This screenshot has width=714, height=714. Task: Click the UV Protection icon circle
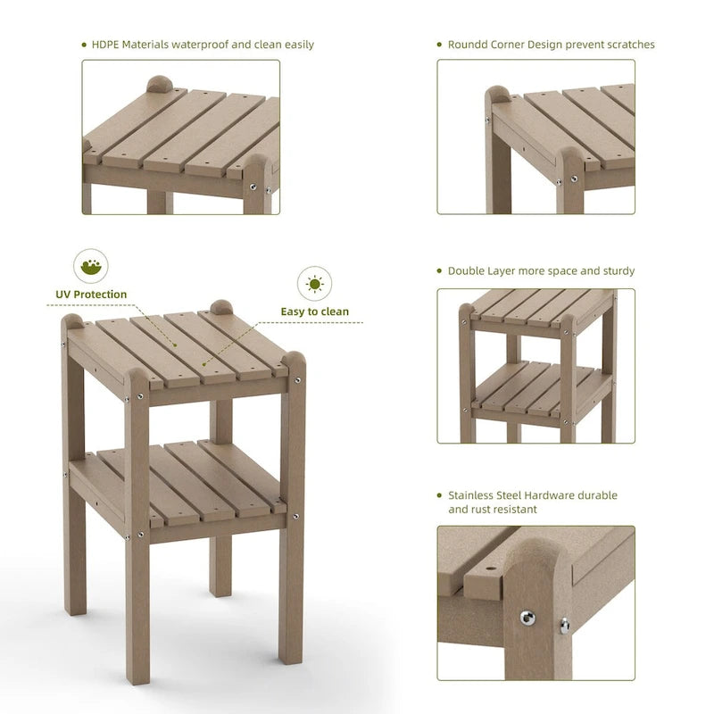(90, 266)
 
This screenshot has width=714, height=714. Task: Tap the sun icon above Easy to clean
(314, 284)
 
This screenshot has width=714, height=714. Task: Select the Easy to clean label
(315, 311)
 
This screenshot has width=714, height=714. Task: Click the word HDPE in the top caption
(105, 44)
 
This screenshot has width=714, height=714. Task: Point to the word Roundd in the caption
(468, 44)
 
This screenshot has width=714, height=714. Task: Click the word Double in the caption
(466, 270)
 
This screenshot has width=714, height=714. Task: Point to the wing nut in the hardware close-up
(564, 623)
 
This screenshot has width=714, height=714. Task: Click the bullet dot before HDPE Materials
(83, 44)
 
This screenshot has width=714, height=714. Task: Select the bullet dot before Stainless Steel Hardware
(439, 495)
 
